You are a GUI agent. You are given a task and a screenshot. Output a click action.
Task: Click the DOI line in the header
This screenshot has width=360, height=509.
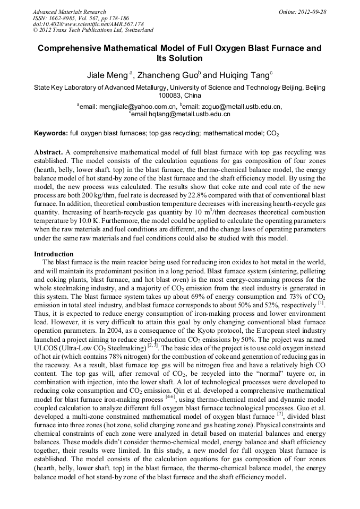pyautogui.click(x=88, y=24)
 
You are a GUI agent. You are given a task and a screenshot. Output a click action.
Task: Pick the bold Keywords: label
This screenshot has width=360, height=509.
pyautogui.click(x=50, y=133)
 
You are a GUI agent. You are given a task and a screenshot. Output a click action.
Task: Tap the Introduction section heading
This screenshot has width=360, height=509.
pyautogui.click(x=54, y=254)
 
